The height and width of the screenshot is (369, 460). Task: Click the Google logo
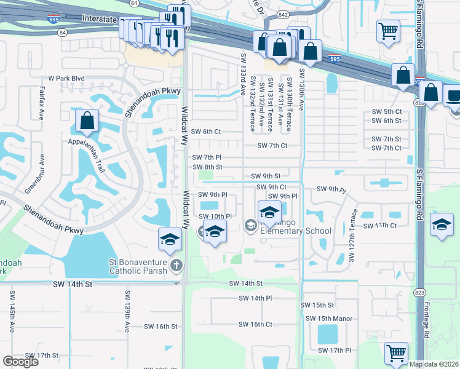pos(20,362)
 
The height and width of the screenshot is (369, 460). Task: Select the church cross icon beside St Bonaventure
pos(176,266)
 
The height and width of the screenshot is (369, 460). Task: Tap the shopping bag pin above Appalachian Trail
pos(87,122)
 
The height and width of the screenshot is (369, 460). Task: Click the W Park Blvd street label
pos(66,79)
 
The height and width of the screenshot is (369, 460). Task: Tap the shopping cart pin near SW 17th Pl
pos(396,354)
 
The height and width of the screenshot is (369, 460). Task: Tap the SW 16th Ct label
pos(255,324)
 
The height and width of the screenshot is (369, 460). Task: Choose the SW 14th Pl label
pos(255,298)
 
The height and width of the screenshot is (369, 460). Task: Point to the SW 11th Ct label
pos(382,226)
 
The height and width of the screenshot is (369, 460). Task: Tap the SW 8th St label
pos(207,167)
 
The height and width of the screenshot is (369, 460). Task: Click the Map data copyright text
pos(434,364)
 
